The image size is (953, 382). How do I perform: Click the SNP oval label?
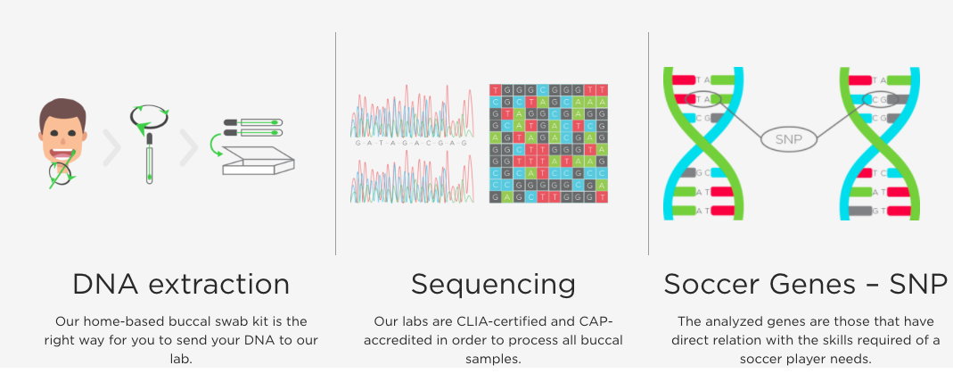pyautogui.click(x=788, y=139)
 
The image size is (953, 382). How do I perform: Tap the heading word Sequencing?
pyautogui.click(x=493, y=285)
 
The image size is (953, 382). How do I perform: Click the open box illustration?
pyautogui.click(x=259, y=161)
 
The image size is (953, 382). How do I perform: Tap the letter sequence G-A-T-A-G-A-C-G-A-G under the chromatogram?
pyautogui.click(x=411, y=143)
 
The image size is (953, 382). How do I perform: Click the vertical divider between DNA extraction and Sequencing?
pyautogui.click(x=335, y=144)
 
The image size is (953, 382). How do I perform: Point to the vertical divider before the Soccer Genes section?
pyautogui.click(x=648, y=144)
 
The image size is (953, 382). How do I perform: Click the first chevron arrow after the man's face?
pyautogui.click(x=111, y=147)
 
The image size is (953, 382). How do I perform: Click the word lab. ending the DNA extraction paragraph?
pyautogui.click(x=180, y=359)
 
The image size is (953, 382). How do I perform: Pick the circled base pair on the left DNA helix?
pyautogui.click(x=703, y=98)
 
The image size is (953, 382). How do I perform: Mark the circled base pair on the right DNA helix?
pyautogui.click(x=881, y=98)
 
